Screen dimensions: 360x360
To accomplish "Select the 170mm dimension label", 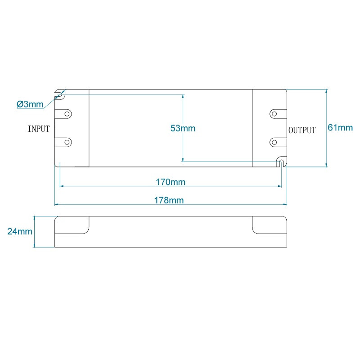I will [170, 182].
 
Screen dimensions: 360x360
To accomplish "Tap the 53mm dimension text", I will [183, 128].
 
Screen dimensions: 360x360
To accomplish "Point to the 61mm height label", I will [340, 128].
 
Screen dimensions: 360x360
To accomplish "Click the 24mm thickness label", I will [19, 232].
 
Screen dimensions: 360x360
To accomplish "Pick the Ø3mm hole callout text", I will [30, 104].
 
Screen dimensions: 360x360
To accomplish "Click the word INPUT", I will [39, 129].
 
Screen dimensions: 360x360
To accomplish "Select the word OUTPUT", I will [302, 130].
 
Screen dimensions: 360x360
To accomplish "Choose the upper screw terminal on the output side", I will [274, 113].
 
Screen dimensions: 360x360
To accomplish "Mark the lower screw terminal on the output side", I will [274, 142].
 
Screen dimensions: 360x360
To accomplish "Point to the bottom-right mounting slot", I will [281, 162].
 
